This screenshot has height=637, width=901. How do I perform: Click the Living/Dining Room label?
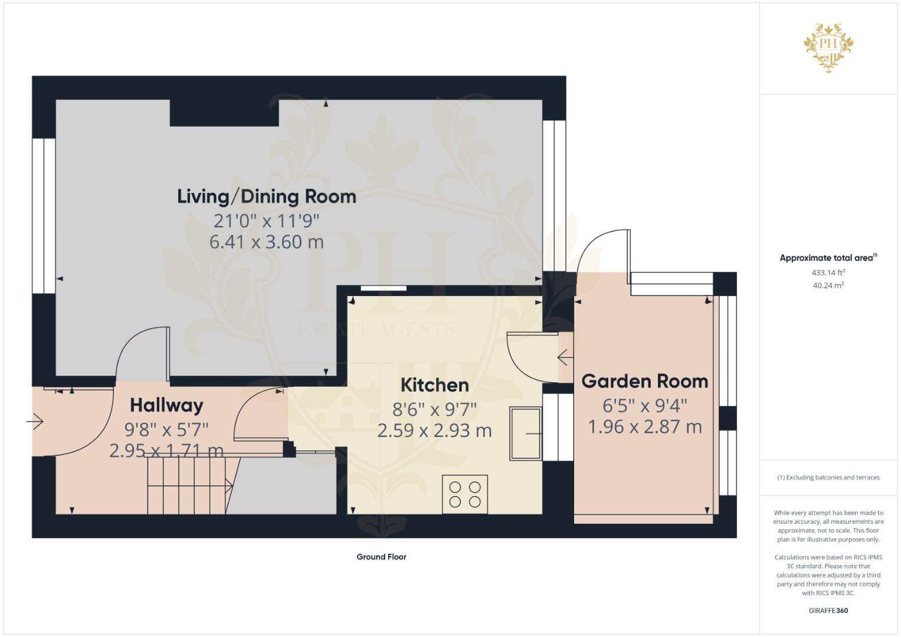[267, 196]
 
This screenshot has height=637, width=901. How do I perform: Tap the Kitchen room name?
[435, 385]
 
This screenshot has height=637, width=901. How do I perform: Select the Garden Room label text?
[645, 381]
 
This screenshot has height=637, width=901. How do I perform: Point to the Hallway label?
[166, 405]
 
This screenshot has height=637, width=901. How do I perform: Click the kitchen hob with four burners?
[465, 494]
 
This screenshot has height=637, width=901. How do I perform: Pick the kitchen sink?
[526, 433]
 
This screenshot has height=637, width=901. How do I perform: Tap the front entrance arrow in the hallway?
[35, 422]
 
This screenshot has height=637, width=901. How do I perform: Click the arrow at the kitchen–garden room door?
[565, 357]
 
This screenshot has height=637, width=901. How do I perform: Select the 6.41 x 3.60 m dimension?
[266, 242]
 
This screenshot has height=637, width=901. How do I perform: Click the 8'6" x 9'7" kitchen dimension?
[434, 410]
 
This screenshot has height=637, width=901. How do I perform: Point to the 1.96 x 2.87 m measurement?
[645, 426]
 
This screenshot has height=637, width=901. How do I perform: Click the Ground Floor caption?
[381, 557]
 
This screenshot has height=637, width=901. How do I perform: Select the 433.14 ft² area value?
[828, 272]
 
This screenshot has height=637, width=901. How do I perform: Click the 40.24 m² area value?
[828, 285]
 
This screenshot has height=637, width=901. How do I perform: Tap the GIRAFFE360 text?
[828, 610]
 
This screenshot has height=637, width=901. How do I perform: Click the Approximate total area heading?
[828, 258]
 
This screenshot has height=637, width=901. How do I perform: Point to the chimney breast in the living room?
[224, 113]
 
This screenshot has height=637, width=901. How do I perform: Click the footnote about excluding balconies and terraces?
[828, 477]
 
